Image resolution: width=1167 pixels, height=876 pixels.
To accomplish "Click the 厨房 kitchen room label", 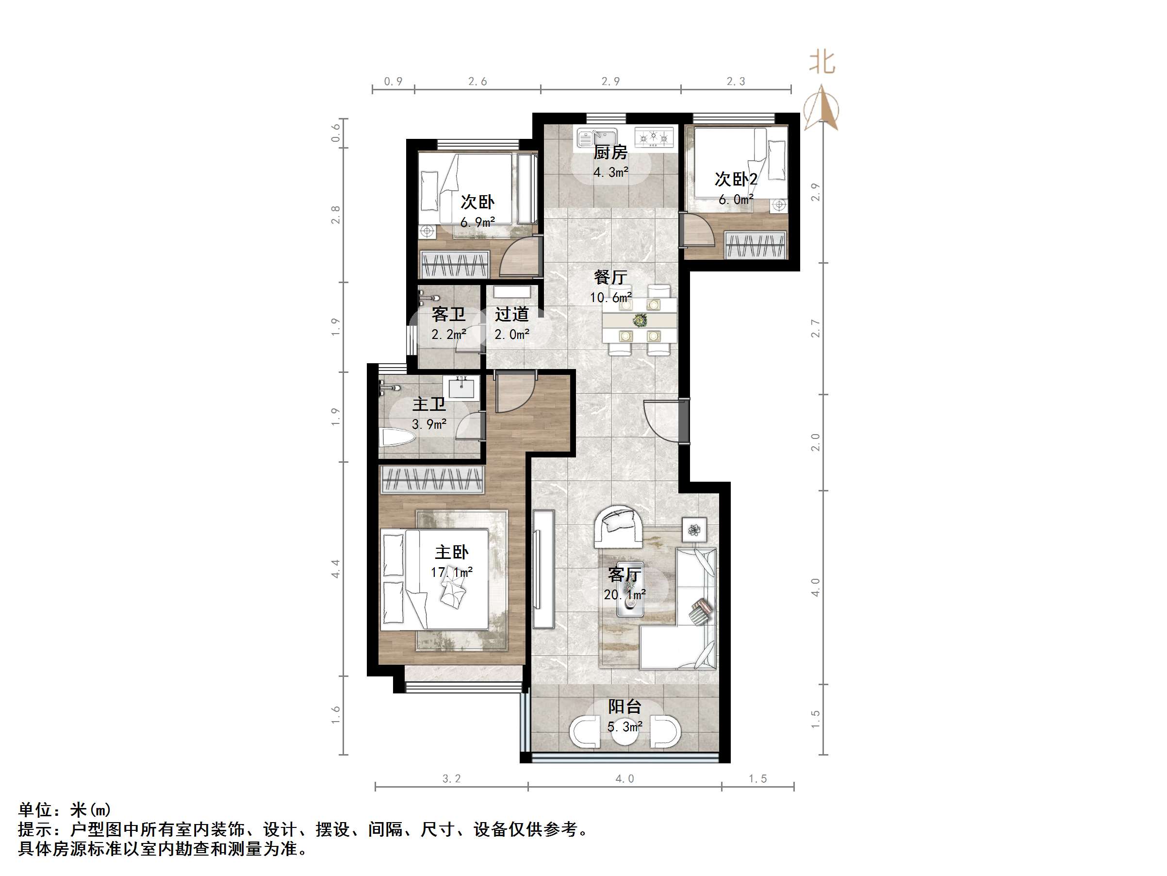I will click(610, 152).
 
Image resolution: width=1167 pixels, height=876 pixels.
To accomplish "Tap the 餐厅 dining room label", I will click(610, 277).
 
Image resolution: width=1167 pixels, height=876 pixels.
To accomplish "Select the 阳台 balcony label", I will click(625, 707).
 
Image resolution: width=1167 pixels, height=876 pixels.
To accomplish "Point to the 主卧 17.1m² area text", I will click(452, 572).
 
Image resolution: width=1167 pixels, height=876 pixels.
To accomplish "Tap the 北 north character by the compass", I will click(822, 62).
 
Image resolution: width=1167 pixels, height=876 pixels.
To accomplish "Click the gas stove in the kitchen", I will click(654, 138).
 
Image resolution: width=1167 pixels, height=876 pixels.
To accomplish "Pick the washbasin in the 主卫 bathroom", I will click(464, 388).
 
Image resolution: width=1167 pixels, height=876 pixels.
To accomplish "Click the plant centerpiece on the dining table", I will click(640, 320).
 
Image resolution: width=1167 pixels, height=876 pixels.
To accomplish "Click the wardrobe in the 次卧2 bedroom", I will click(756, 246).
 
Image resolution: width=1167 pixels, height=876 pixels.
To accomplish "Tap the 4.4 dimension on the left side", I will click(335, 569).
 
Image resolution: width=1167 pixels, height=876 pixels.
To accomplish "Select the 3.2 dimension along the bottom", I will click(451, 779).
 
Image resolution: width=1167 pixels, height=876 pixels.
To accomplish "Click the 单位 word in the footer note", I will click(35, 809).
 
